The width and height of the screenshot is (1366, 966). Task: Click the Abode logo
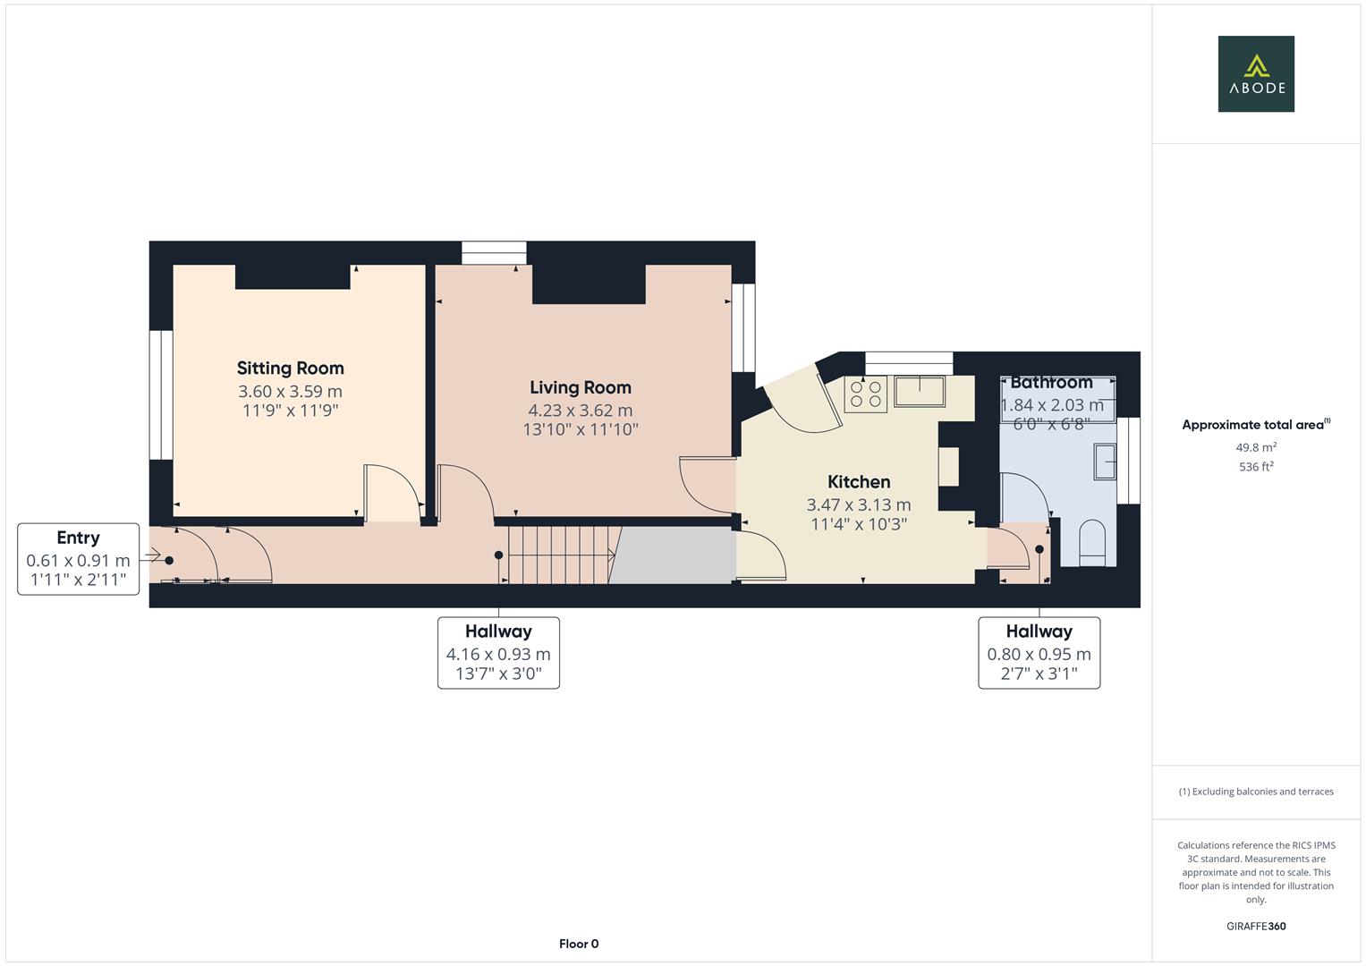(x=1255, y=73)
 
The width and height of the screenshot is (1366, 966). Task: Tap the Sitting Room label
(x=290, y=368)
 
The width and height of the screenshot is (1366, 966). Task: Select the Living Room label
(x=580, y=387)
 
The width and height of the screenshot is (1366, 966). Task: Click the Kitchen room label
(x=858, y=482)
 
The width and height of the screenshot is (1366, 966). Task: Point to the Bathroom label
(x=1051, y=383)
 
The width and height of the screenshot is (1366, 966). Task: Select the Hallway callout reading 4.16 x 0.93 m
(x=498, y=652)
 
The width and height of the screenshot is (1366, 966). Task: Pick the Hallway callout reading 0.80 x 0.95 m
(x=1039, y=652)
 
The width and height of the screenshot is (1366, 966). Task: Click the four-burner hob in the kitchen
(x=865, y=394)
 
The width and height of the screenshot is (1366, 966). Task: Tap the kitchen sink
(x=920, y=391)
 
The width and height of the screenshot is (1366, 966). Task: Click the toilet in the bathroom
(x=1092, y=545)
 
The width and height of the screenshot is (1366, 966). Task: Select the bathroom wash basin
(x=1105, y=462)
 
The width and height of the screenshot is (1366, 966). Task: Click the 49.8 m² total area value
(x=1255, y=447)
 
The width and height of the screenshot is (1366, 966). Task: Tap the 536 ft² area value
(x=1255, y=467)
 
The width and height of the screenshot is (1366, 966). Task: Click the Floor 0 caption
(x=578, y=944)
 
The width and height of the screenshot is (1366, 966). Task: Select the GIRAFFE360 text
(x=1255, y=926)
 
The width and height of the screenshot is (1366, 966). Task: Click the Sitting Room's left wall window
(x=161, y=394)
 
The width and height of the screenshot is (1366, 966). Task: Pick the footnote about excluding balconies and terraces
(x=1255, y=792)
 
